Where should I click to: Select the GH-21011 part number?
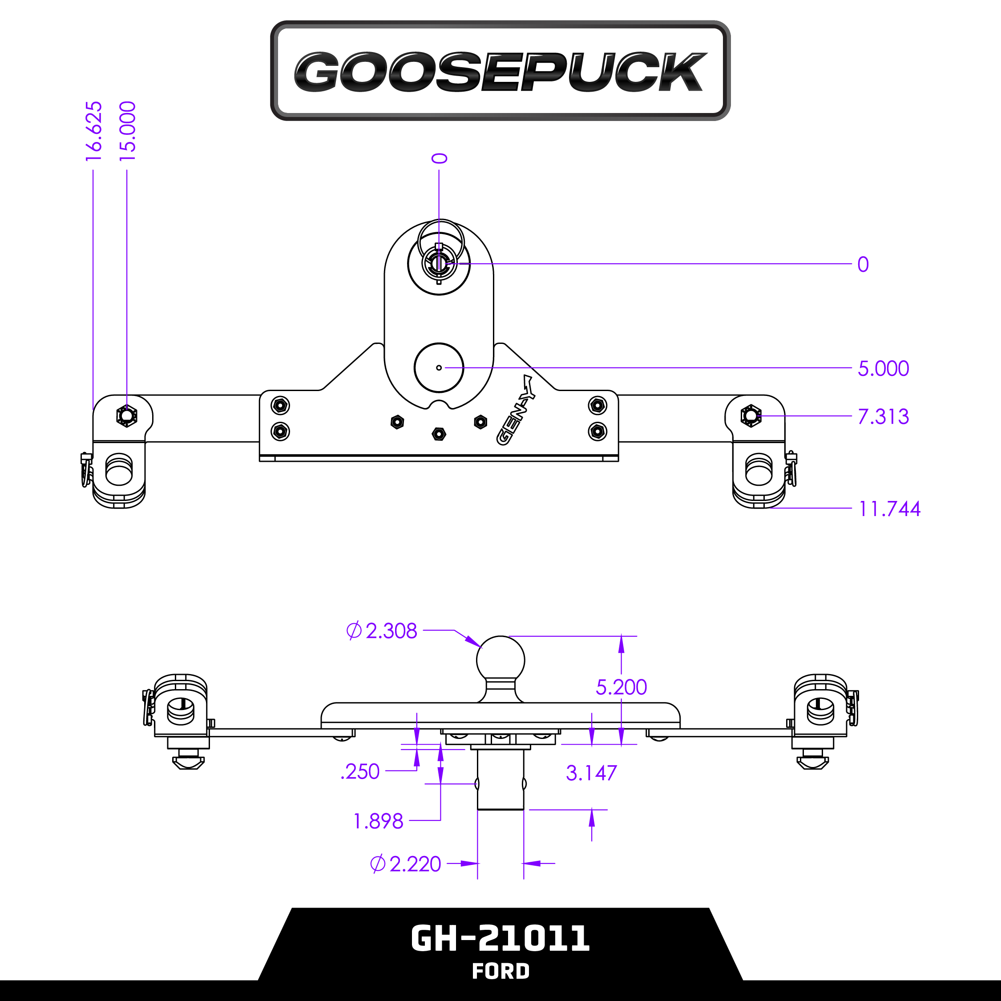point(500,938)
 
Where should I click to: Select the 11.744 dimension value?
point(889,509)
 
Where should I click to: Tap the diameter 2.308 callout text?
point(382,630)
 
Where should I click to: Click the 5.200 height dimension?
point(621,687)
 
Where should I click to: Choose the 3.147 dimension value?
point(591,773)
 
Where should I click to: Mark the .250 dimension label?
point(360,771)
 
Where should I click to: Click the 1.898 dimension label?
point(378,821)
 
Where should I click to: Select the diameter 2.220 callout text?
point(406,864)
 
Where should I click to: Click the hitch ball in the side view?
point(500,661)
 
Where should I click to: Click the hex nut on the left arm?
point(126,416)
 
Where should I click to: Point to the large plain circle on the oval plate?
point(439,368)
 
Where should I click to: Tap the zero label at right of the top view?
point(863,264)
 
